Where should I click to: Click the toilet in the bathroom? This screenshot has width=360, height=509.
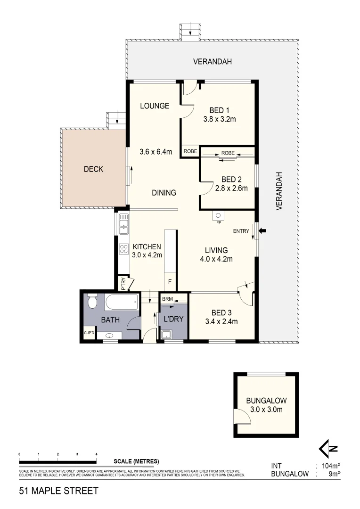[92, 301]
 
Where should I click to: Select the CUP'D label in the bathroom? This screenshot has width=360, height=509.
[89, 333]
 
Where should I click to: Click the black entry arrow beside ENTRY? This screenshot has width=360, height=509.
[263, 230]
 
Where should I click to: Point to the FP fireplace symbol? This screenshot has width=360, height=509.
[218, 216]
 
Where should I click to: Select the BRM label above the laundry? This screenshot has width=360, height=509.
[167, 299]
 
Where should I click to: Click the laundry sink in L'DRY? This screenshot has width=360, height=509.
[166, 335]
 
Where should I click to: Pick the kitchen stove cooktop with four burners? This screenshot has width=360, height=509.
[124, 248]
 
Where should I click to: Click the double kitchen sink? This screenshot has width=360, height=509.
[123, 224]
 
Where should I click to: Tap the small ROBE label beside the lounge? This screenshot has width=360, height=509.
[190, 152]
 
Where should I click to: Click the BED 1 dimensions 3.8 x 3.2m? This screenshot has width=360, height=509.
[219, 119]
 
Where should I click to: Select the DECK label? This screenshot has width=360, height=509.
[93, 169]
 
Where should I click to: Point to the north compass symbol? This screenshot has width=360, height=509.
[328, 448]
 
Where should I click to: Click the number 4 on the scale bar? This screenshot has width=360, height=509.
[96, 454]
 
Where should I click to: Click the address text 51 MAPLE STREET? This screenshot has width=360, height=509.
[59, 491]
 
